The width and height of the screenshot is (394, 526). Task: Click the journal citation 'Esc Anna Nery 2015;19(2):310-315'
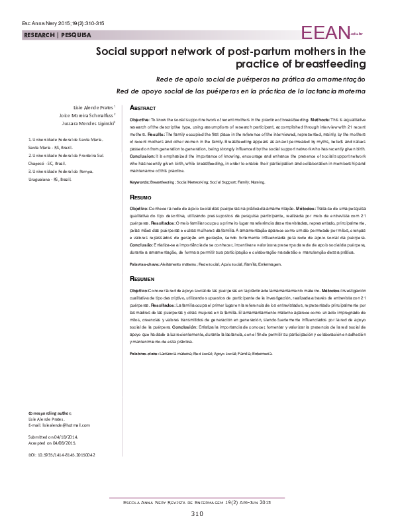[43, 23]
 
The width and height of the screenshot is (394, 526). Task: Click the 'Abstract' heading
[142, 107]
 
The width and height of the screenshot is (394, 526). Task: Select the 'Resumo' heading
[140, 198]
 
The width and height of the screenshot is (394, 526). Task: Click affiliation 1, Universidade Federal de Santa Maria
[66, 140]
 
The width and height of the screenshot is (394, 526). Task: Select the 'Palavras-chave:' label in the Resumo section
[144, 264]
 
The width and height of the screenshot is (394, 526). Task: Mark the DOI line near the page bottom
[62, 455]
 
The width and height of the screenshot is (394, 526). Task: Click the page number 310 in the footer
[197, 514]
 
